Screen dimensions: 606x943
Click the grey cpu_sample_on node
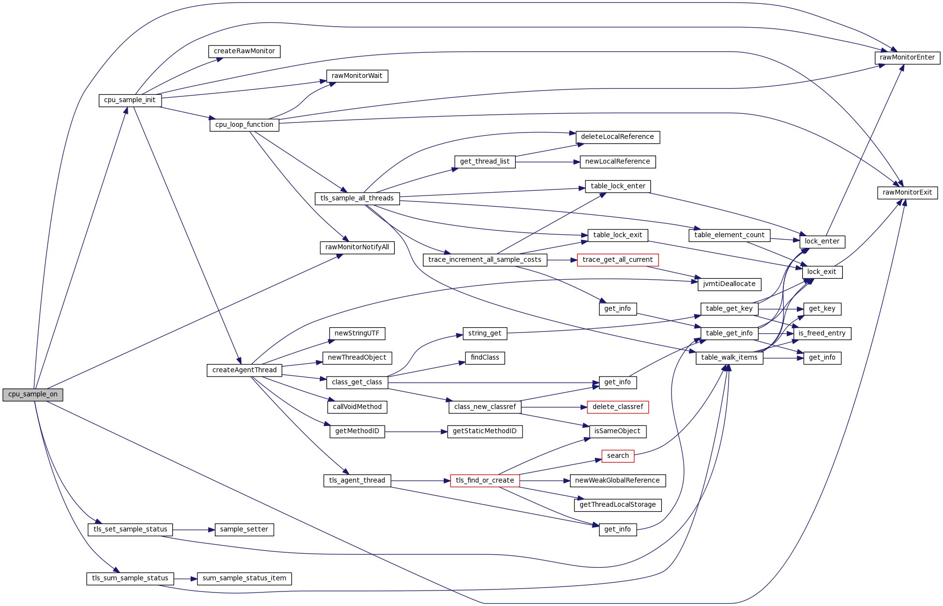[x=32, y=394]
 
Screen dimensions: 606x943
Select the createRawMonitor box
[x=244, y=51]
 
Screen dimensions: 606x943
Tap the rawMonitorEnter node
[x=907, y=58]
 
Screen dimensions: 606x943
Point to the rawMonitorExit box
[x=907, y=193]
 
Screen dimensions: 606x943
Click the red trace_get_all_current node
[x=617, y=260]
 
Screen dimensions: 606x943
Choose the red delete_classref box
[x=617, y=407]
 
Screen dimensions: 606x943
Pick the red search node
[x=617, y=456]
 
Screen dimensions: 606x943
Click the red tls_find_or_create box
[x=485, y=481]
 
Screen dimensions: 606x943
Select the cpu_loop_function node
[x=244, y=125]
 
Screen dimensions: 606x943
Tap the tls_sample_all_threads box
[x=357, y=198]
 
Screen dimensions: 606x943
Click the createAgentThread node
[x=244, y=370]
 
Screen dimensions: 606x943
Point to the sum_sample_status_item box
[x=244, y=578]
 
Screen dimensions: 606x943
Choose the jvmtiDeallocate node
[x=729, y=284]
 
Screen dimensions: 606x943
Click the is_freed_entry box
[x=822, y=333]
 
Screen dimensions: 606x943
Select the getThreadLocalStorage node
[x=617, y=505]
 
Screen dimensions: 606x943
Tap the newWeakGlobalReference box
[x=617, y=481]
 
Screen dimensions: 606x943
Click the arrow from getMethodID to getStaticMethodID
[x=416, y=432]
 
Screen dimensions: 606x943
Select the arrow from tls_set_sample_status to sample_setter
[x=194, y=530]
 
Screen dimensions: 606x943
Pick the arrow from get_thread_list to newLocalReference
[x=547, y=162]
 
